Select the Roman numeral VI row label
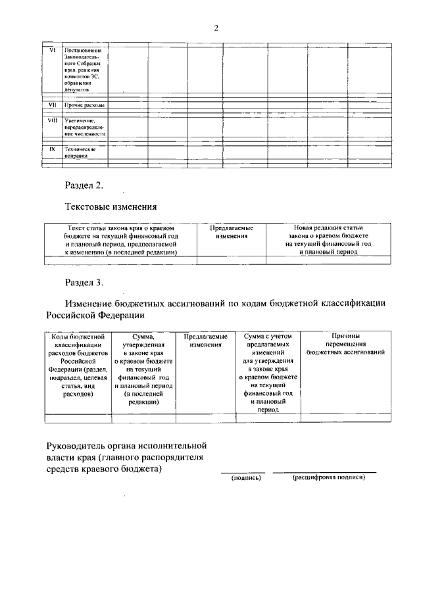point(53,51)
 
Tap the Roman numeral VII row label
point(53,105)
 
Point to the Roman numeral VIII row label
point(53,120)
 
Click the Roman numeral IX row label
point(53,149)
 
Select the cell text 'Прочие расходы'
point(84,105)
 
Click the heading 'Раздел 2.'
point(84,185)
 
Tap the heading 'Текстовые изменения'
point(111,207)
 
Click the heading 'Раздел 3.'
point(84,283)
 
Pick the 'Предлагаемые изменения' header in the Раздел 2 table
point(231,231)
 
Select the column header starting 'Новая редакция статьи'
point(328,239)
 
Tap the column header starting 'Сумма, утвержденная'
point(143,369)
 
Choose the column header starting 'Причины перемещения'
point(345,344)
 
